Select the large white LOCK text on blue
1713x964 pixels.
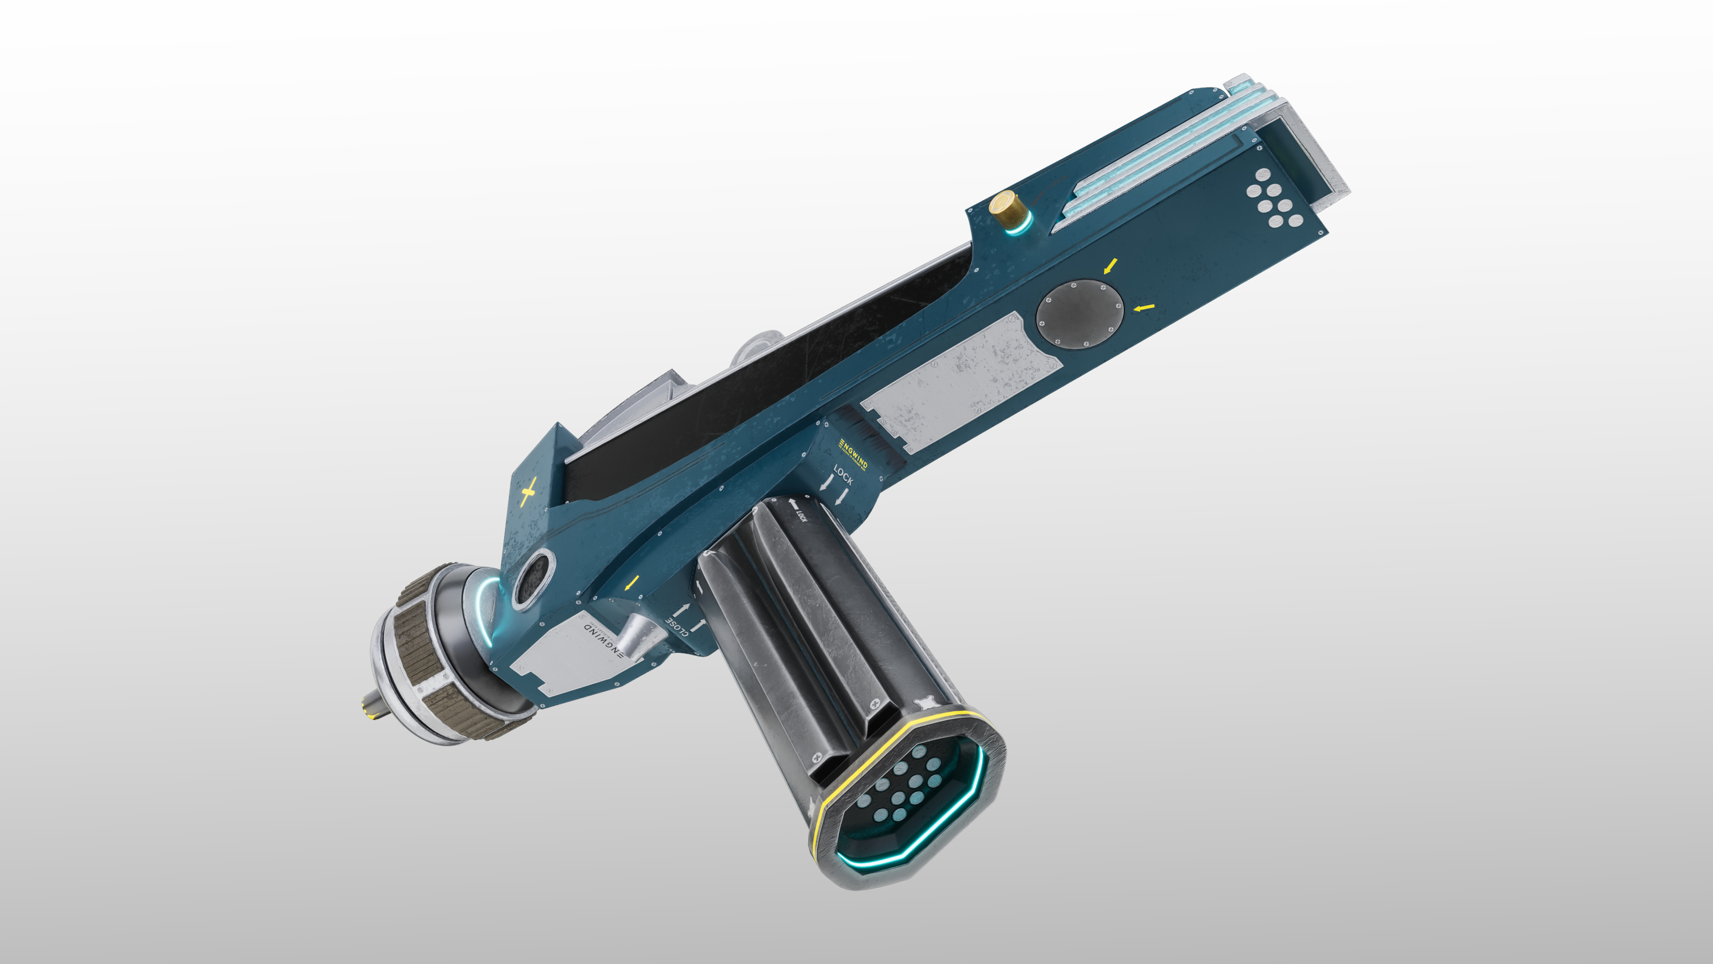click(x=843, y=475)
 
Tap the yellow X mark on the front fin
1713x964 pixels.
click(x=529, y=494)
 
